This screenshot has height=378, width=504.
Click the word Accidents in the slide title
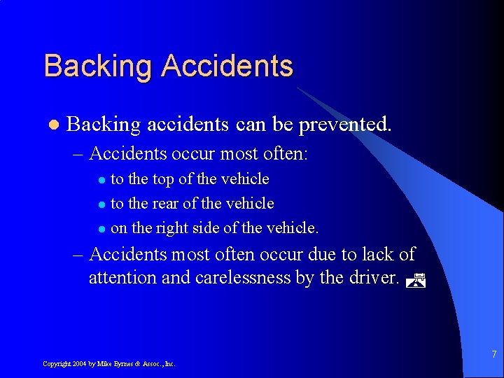point(227,66)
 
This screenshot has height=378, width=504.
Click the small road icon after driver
point(416,280)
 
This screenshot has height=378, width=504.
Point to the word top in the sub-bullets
point(163,179)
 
